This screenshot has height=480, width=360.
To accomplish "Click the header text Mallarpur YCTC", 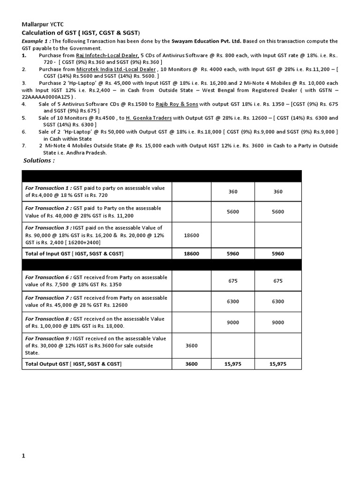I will click(x=43, y=24).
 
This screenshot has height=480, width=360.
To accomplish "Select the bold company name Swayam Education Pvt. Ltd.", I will click(x=208, y=41).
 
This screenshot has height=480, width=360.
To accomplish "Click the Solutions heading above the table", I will click(x=39, y=161).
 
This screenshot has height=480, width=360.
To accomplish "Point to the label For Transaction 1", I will click(x=47, y=188).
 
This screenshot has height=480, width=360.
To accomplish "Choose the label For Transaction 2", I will click(x=47, y=208).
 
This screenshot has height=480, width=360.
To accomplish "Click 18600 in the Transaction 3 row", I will click(x=191, y=235).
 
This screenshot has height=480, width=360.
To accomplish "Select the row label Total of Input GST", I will click(x=74, y=254).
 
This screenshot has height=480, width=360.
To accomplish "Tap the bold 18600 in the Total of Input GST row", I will click(x=191, y=254).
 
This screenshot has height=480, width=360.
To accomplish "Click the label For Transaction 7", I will click(x=47, y=298).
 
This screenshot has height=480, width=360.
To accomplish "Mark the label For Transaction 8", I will click(x=47, y=319).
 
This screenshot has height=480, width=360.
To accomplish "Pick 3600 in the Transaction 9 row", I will click(x=191, y=345).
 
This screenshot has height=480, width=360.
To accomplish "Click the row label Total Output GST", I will click(x=73, y=364).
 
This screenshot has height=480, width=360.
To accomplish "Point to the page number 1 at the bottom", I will click(x=23, y=455).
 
